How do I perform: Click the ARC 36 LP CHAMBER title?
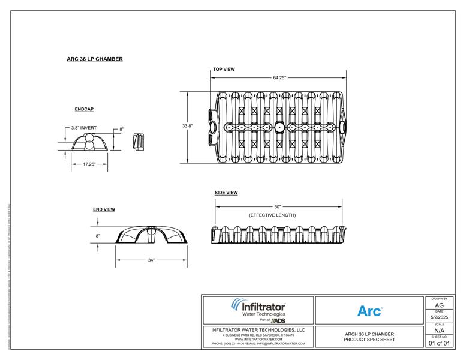click(x=95, y=59)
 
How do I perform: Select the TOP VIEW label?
click(x=224, y=70)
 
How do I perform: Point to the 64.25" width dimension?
click(x=279, y=77)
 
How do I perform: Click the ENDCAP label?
click(x=84, y=110)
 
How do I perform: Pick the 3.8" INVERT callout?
click(x=84, y=128)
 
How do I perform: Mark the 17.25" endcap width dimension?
click(x=89, y=163)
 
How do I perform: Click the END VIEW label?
click(x=104, y=209)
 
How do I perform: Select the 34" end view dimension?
click(x=151, y=260)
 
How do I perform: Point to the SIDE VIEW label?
click(x=226, y=193)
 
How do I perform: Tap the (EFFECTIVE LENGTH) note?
click(x=272, y=215)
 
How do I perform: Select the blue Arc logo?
click(x=369, y=311)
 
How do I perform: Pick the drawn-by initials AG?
click(x=439, y=305)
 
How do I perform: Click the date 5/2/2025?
click(x=439, y=317)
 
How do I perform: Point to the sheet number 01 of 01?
click(x=439, y=343)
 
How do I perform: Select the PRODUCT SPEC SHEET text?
click(x=369, y=340)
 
